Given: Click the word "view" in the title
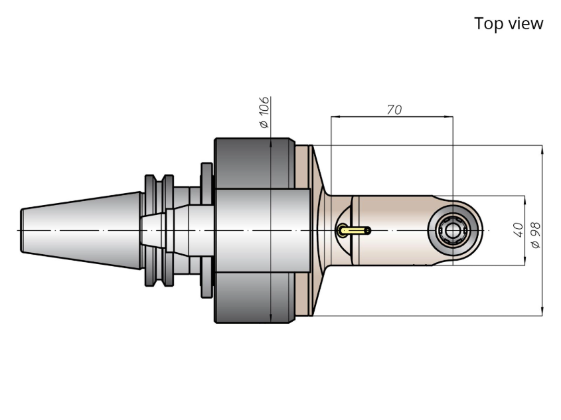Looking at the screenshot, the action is click(526, 24).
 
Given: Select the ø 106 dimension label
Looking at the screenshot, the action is click(264, 112).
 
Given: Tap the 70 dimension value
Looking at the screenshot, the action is click(394, 109).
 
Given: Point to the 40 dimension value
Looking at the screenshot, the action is click(518, 230).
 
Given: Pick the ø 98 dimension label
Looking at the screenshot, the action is click(536, 235).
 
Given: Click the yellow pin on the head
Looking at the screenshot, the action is click(353, 230).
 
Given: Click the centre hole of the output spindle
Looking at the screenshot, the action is click(453, 231).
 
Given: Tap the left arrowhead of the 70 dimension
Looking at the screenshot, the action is click(335, 117).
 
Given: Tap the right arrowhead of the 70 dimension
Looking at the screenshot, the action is click(448, 117).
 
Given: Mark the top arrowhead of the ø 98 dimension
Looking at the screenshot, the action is click(542, 150).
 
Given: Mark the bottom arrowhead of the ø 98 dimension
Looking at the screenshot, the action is click(542, 311).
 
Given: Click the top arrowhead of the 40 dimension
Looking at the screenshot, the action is click(525, 200).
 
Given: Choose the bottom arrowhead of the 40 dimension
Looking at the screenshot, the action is click(525, 261).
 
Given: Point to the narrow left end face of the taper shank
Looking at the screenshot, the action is click(22, 230).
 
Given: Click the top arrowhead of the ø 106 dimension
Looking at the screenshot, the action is click(271, 143).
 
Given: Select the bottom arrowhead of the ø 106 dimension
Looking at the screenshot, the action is click(271, 318).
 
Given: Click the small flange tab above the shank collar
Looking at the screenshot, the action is click(206, 175).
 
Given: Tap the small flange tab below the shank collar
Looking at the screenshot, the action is click(206, 285).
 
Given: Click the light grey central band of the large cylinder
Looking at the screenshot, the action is click(263, 230).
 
